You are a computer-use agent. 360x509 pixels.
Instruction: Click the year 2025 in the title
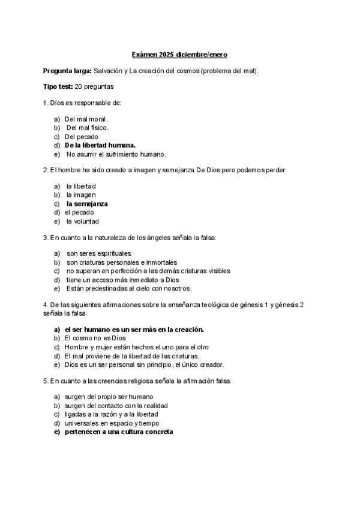coord(167,55)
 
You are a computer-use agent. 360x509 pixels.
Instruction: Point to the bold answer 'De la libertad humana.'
coord(100,145)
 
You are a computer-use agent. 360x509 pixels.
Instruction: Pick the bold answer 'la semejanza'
coord(87,203)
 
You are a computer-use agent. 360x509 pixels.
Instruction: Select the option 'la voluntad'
coord(83,221)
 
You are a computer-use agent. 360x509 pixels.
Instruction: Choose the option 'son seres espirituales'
coord(99,253)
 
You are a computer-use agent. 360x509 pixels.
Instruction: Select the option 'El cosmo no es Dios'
coord(95,338)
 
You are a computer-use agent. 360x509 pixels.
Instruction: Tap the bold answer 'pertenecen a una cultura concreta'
coord(119,432)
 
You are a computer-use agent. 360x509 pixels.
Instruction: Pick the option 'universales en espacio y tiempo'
coord(112,423)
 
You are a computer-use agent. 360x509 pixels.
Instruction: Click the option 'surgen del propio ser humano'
coord(109,397)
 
